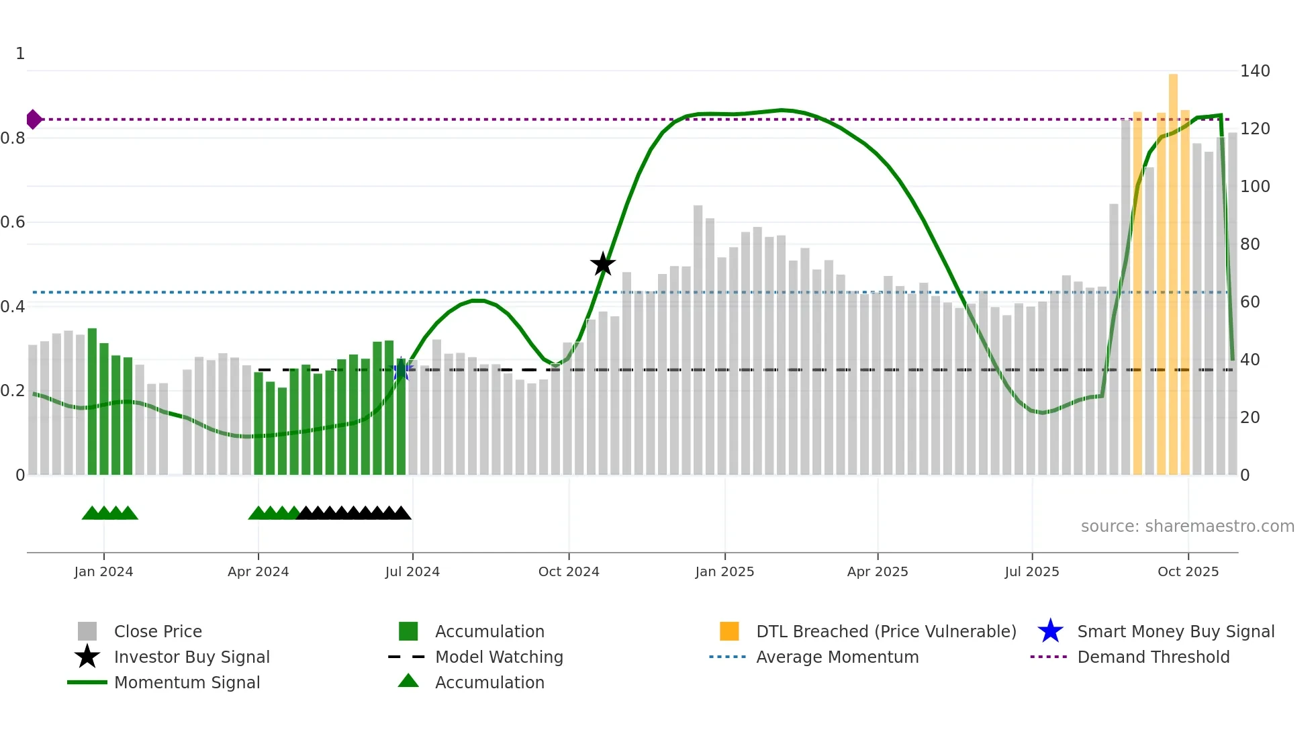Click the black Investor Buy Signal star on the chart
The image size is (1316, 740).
tap(603, 264)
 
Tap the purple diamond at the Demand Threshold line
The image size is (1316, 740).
tap(34, 120)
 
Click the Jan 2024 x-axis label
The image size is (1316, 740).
tap(103, 571)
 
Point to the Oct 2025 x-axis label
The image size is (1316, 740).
tap(1188, 571)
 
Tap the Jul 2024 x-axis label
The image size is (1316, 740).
tap(412, 571)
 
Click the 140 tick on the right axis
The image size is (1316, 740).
tap(1255, 71)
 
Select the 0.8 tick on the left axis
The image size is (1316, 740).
tap(13, 138)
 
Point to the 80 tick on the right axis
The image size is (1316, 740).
tap(1250, 244)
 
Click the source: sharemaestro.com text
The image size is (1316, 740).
tap(1187, 526)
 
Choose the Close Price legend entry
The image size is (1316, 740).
tap(158, 632)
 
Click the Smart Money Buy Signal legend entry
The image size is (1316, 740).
tap(1176, 632)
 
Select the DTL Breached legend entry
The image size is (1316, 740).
tap(886, 632)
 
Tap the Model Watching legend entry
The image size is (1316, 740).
tap(499, 657)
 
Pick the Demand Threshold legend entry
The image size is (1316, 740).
tap(1153, 657)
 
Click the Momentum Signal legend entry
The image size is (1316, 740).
tap(187, 683)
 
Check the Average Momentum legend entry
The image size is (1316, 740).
tap(837, 657)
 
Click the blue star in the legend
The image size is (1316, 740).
tap(1050, 631)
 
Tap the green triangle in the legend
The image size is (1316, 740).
tap(408, 682)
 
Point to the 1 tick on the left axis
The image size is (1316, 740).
tap(20, 54)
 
